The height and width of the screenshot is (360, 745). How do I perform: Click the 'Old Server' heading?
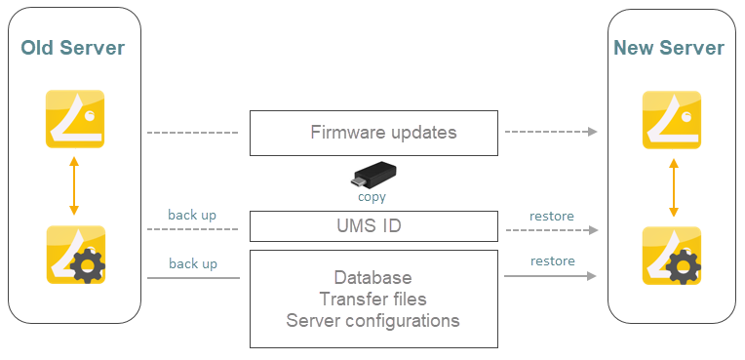point(73,48)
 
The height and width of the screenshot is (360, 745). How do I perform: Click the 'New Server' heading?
point(669,48)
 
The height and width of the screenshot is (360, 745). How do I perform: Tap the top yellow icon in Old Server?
point(74,119)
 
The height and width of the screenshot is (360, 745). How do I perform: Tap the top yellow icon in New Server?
point(671,120)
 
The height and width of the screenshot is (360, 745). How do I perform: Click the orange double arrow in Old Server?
point(74,186)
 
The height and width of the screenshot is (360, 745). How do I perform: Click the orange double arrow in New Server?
point(671,187)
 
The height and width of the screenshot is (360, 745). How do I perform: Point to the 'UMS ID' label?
point(375,226)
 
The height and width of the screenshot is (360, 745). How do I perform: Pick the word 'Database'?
point(372,278)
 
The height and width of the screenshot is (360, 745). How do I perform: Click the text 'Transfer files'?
point(372,300)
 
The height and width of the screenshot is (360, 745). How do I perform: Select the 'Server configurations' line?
point(372,320)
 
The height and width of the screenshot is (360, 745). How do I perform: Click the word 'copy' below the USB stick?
point(372,197)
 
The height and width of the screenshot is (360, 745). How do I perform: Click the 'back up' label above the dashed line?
point(192,215)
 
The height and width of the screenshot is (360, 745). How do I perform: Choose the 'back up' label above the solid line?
point(192,263)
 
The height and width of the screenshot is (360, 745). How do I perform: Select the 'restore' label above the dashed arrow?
point(551,216)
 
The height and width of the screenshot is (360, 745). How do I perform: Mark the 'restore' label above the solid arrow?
point(552,260)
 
